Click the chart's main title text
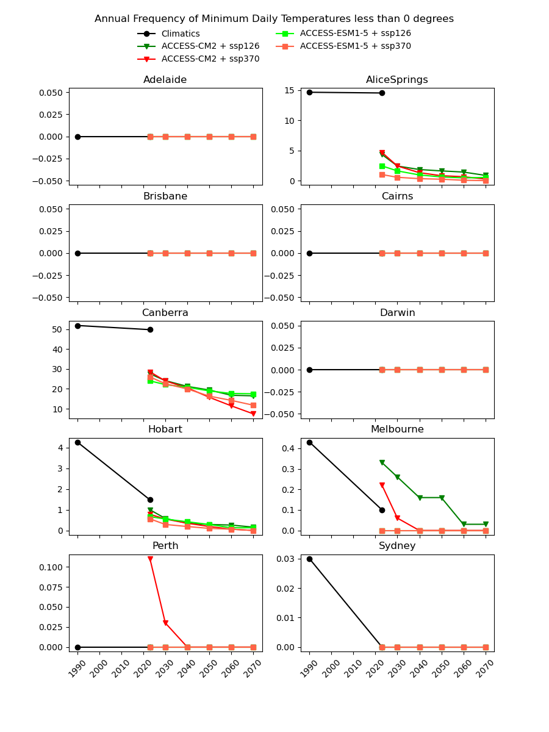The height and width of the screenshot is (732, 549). [274, 19]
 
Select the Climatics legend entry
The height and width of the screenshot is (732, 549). [180, 34]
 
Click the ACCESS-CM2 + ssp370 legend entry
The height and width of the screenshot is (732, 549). [210, 59]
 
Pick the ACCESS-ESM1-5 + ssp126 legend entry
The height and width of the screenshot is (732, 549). [355, 34]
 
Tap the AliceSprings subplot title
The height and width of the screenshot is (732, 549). [396, 80]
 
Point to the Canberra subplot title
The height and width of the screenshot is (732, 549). [165, 313]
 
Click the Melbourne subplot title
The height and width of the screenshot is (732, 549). [397, 429]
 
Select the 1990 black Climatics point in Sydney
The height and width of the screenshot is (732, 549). [309, 559]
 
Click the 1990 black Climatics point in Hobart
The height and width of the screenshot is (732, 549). [77, 442]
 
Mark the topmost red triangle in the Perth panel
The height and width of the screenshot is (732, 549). [150, 559]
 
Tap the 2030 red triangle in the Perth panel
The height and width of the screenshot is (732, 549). [165, 623]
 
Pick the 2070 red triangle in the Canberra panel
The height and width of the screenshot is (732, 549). [253, 414]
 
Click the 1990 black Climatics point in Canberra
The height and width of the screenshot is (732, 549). [77, 326]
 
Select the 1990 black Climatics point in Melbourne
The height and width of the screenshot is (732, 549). [309, 442]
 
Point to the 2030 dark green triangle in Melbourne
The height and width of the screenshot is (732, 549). [397, 477]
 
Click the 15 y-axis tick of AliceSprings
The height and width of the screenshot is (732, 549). [290, 90]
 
